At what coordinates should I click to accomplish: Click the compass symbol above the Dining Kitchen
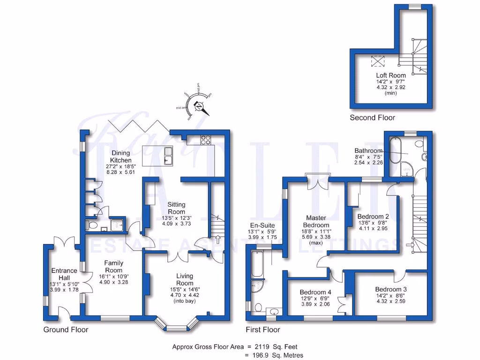pyautogui.click(x=200, y=107)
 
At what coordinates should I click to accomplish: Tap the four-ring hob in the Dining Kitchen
pyautogui.click(x=206, y=139)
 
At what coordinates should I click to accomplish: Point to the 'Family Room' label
pyautogui.click(x=114, y=266)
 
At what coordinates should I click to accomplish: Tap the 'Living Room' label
pyautogui.click(x=184, y=279)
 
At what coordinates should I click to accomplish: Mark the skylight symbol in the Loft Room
pyautogui.click(x=377, y=61)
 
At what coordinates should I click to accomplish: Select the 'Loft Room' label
pyautogui.click(x=390, y=75)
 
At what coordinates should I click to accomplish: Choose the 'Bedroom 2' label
pyautogui.click(x=373, y=217)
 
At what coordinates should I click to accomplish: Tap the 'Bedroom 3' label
pyautogui.click(x=391, y=289)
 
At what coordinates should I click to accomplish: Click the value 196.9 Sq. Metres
pyautogui.click(x=275, y=355)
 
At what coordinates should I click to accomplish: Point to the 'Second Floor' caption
pyautogui.click(x=372, y=118)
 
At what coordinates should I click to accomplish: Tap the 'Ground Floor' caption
pyautogui.click(x=66, y=330)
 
